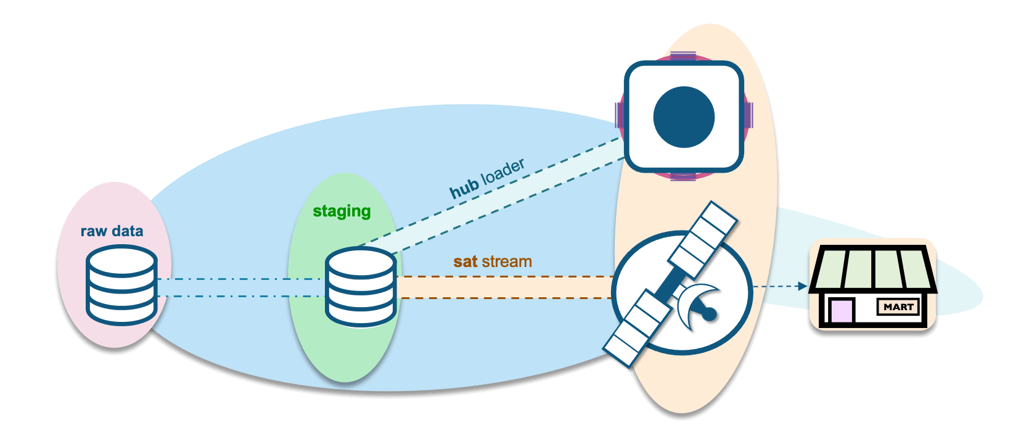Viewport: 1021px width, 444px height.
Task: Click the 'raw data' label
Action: coord(112,231)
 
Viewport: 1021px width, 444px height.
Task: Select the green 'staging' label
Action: coord(342,212)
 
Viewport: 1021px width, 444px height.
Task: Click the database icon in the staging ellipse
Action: coord(361,286)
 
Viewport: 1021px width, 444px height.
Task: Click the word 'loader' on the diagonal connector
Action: coord(503,171)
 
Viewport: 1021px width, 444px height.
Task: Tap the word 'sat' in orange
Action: coord(465,261)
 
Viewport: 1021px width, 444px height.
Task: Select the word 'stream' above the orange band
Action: coord(506,261)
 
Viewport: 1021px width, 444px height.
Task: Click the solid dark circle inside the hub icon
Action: coord(684,117)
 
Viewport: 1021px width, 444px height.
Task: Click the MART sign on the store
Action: coord(898,306)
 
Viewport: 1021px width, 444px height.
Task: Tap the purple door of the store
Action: coord(841,311)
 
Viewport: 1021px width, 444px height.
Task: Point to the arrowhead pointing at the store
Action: coord(802,286)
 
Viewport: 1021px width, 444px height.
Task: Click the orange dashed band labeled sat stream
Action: coord(506,287)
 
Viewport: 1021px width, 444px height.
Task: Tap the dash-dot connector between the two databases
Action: coord(240,287)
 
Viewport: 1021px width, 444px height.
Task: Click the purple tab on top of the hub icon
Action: coord(683,56)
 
